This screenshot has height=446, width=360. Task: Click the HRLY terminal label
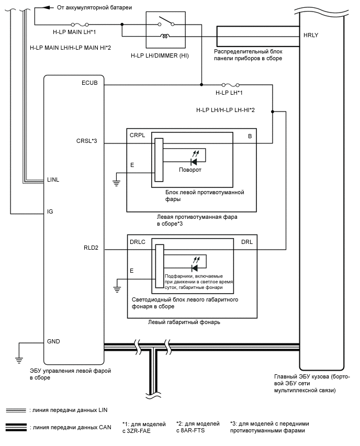(x=311, y=35)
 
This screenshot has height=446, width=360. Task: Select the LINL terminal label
(x=53, y=180)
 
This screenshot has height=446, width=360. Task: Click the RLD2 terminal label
(x=91, y=248)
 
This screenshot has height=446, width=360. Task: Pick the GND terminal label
(x=53, y=341)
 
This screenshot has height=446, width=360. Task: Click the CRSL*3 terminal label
(x=87, y=140)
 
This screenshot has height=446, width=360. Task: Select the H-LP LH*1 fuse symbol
(x=231, y=85)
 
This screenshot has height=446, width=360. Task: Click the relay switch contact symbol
(x=166, y=21)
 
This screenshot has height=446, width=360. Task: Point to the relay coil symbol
(x=166, y=37)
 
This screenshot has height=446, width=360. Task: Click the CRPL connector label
(x=137, y=136)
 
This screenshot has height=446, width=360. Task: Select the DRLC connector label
(x=138, y=243)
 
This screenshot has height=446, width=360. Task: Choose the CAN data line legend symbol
(x=16, y=426)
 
